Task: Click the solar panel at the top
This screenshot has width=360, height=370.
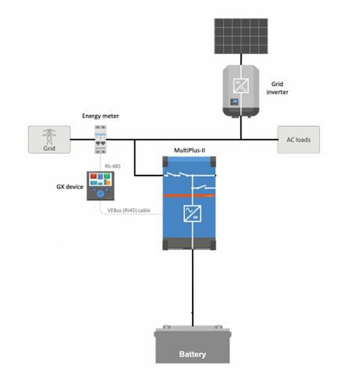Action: (241, 36)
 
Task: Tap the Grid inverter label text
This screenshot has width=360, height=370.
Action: (277, 88)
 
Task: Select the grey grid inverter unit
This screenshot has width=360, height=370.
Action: (241, 91)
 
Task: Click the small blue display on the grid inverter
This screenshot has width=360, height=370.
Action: (234, 101)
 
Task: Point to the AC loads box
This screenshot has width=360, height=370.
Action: (299, 140)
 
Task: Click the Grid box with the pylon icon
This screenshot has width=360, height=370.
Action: (50, 140)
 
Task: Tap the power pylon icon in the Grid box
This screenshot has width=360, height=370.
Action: (50, 136)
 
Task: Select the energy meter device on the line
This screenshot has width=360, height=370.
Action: (101, 139)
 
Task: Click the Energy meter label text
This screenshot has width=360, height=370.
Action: (101, 116)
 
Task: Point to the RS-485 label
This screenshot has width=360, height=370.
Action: (113, 166)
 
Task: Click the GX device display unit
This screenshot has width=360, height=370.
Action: (101, 186)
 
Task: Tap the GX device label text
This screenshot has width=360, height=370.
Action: (70, 186)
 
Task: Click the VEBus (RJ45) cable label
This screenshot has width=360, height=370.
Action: (129, 210)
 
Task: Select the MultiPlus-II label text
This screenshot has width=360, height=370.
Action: (190, 150)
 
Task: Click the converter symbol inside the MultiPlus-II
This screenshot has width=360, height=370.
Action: (193, 213)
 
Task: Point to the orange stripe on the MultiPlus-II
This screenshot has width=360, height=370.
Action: (189, 195)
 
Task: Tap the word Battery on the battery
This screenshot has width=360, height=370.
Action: (193, 354)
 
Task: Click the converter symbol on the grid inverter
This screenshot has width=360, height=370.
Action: (241, 85)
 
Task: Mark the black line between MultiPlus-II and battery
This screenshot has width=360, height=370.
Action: (193, 288)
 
